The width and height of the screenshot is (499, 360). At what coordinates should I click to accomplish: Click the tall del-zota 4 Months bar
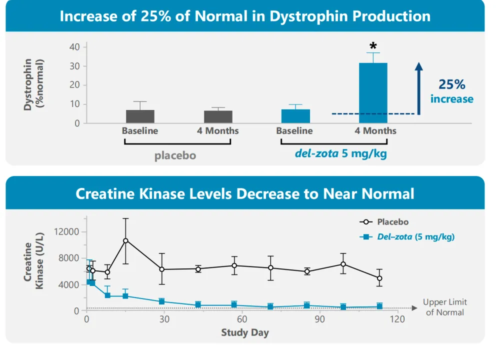pyautogui.click(x=373, y=93)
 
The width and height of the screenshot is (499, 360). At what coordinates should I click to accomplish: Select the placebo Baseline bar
pyautogui.click(x=140, y=116)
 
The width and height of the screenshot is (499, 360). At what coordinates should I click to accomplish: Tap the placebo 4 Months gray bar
pyautogui.click(x=218, y=117)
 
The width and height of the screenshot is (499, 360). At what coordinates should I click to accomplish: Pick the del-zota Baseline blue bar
pyautogui.click(x=295, y=116)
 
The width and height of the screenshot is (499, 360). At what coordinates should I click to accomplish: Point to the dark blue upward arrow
pyautogui.click(x=419, y=88)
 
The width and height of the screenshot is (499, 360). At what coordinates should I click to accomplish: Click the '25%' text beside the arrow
pyautogui.click(x=451, y=84)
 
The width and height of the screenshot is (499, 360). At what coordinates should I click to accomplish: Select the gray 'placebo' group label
pyautogui.click(x=175, y=155)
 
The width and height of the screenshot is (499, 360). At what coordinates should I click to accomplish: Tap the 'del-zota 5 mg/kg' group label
pyautogui.click(x=340, y=153)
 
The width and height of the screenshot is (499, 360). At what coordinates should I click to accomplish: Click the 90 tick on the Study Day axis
pyautogui.click(x=319, y=319)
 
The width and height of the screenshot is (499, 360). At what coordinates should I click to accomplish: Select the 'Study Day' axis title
pyautogui.click(x=244, y=332)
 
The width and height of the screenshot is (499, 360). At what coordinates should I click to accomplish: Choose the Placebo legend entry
pyautogui.click(x=383, y=222)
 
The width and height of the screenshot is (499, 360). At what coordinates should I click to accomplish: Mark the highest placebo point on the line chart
pyautogui.click(x=126, y=240)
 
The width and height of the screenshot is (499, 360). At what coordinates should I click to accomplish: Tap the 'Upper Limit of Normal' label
pyautogui.click(x=444, y=307)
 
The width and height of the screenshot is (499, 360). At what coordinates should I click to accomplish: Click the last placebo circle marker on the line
pyautogui.click(x=379, y=278)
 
